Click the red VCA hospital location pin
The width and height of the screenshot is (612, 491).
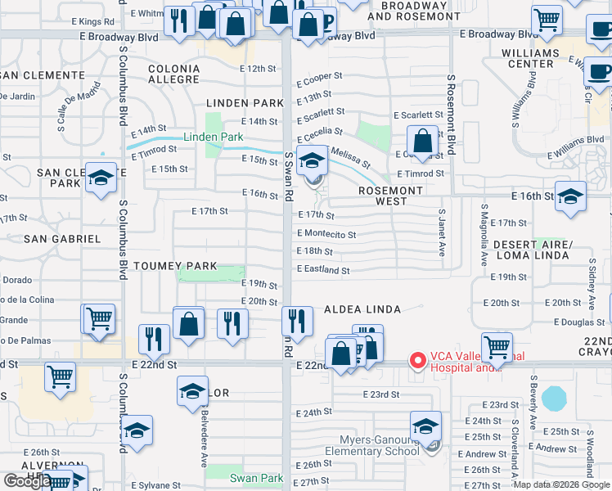[417, 360]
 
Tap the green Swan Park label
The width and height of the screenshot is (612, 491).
[256, 478]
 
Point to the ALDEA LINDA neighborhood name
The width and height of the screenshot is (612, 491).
[362, 309]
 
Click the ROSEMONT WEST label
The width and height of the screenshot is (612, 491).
[391, 196]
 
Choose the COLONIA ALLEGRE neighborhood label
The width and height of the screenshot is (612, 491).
[173, 74]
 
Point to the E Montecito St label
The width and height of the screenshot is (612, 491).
[326, 234]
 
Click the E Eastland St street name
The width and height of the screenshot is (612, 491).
[323, 269]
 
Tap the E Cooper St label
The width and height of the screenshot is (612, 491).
[319, 81]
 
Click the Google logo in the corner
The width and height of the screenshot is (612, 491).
[26, 481]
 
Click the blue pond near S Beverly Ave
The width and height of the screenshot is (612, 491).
[554, 399]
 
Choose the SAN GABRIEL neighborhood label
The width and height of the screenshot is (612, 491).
[61, 239]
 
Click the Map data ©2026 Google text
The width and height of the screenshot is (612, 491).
[561, 484]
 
